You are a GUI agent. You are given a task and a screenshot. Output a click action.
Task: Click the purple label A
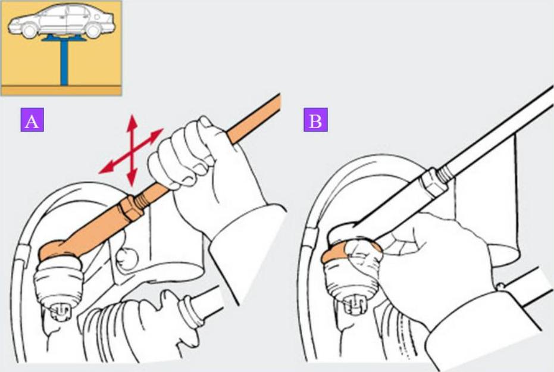click(32, 120)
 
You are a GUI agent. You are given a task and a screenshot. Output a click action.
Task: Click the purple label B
click(315, 120)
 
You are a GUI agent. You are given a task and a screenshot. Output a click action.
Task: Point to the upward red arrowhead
click(132, 121)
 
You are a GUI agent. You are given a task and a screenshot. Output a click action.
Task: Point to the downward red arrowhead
click(132, 179)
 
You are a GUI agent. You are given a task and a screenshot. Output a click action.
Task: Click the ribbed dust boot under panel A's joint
click(58, 280)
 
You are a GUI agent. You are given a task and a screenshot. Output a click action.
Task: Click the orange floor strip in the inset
click(61, 90)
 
